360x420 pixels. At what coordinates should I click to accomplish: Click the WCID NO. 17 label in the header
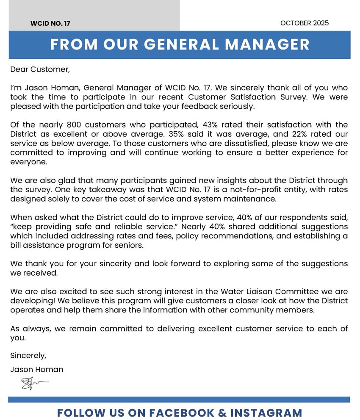click(50, 24)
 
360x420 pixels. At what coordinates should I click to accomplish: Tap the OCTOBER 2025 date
click(305, 23)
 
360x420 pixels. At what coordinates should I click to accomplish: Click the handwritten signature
click(33, 384)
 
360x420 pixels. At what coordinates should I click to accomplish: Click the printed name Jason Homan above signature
click(37, 369)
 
